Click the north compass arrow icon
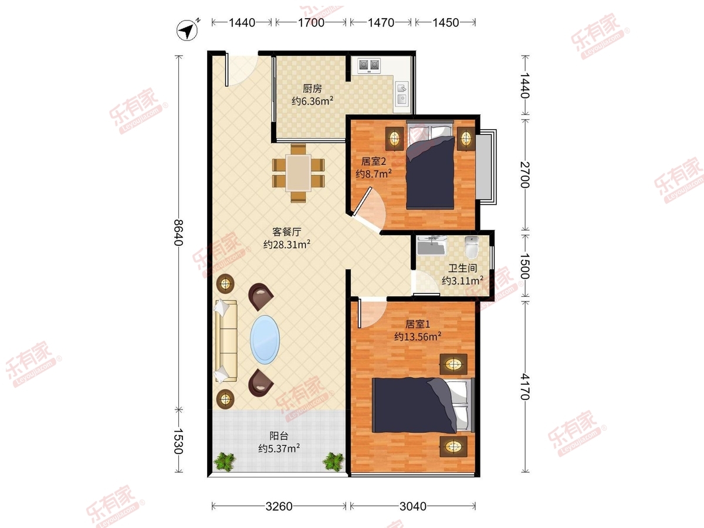pos(187,31)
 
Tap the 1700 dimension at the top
pos(311,23)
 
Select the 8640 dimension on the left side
pos(178,232)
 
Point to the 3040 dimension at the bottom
pos(413,506)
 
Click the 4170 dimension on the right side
pos(524,387)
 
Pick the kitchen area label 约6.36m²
pos(312,101)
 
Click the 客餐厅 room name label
pos(287,232)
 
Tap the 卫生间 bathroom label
pos(462,268)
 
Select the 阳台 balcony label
pos(279,436)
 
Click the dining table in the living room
pos(298,173)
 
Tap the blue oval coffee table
pos(265,340)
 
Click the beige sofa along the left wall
pos(226,341)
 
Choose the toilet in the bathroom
pos(471,247)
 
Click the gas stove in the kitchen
pos(370,65)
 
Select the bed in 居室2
pos(431,165)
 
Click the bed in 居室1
pos(424,405)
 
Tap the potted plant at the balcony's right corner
pos(333,462)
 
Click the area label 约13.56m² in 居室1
pos(418,337)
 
